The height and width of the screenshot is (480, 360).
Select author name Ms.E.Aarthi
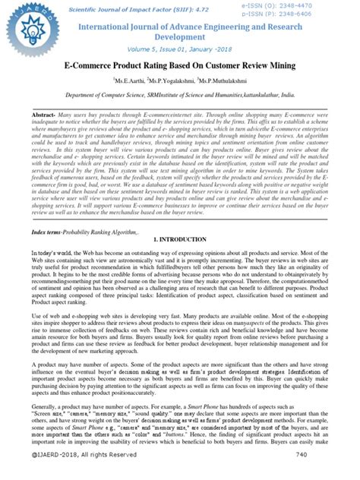[x=134, y=81]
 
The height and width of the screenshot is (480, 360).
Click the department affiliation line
[x=179, y=96]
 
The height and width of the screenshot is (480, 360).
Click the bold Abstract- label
[x=44, y=113]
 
